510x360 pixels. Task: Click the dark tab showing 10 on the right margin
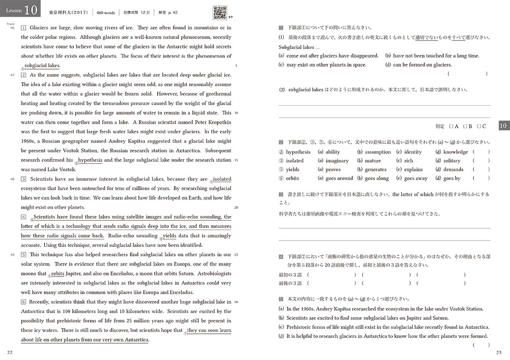click(x=503, y=126)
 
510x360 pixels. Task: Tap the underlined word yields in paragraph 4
click(x=169, y=236)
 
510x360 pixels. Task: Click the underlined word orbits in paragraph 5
click(x=58, y=274)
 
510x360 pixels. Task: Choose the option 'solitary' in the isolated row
click(x=452, y=160)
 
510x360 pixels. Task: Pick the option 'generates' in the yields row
click(x=376, y=169)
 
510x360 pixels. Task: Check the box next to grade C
click(x=478, y=126)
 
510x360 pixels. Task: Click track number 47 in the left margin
click(x=12, y=75)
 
